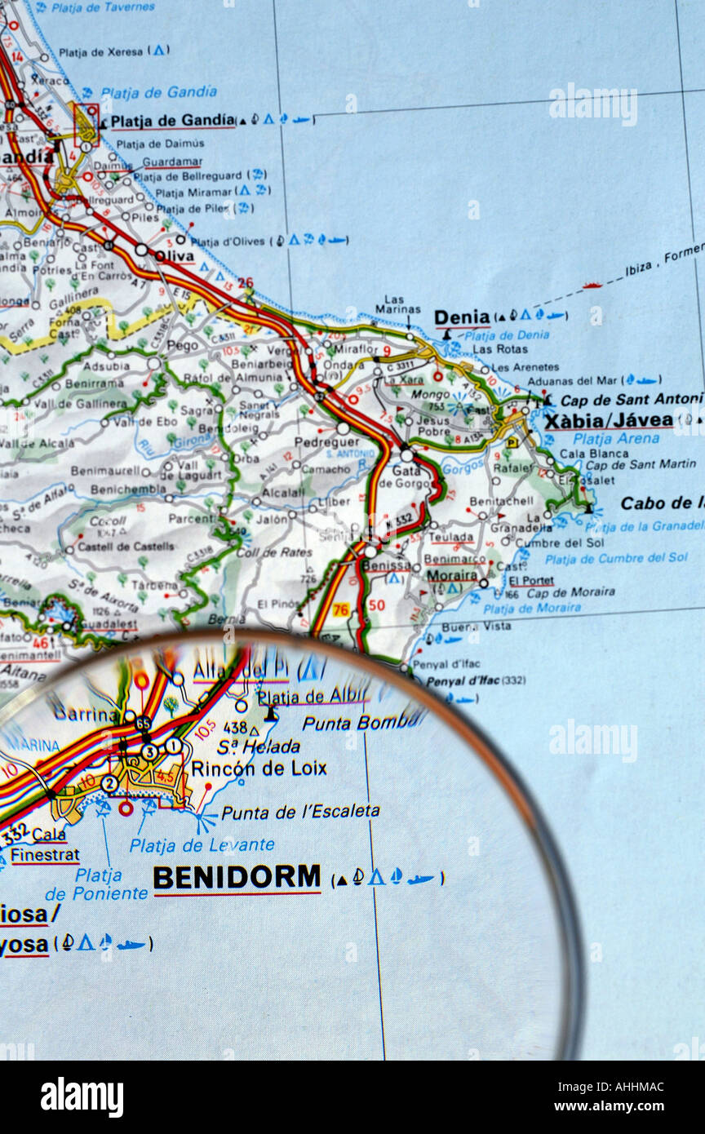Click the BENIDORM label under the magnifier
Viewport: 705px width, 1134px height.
point(237,878)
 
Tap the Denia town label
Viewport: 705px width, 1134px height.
point(461,317)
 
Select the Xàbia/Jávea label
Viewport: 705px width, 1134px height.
point(608,421)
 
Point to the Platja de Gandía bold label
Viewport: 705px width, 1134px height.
point(172,122)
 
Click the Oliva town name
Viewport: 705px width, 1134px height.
point(175,256)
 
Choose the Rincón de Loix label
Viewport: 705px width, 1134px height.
point(259,768)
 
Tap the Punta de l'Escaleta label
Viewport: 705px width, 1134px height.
point(300,812)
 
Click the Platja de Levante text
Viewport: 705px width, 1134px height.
point(202,845)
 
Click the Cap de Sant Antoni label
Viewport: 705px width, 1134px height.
point(631,399)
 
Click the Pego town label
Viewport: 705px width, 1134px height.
point(182,346)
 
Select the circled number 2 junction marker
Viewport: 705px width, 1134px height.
point(109,783)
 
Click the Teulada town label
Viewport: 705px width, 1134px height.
point(451,538)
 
